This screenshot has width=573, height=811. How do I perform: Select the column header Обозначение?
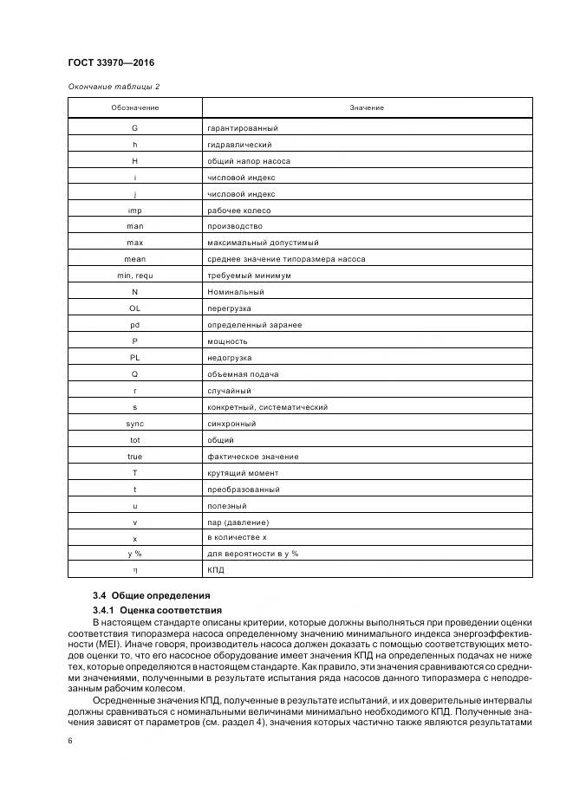(134, 107)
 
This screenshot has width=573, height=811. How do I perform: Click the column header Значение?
(367, 107)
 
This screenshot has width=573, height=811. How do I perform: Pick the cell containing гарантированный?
(242, 128)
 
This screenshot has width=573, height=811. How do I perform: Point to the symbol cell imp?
(134, 211)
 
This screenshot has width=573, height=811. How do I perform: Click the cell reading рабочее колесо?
(238, 211)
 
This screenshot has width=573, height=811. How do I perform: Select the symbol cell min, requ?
(134, 276)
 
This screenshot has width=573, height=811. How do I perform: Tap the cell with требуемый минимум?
(249, 276)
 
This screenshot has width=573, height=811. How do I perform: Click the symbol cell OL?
(134, 308)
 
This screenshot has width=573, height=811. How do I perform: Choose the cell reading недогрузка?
(229, 358)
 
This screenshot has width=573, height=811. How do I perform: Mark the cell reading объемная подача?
(242, 374)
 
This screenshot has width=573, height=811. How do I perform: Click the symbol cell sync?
(134, 424)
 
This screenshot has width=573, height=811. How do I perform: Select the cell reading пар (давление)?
(238, 522)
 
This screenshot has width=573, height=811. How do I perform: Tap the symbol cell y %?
(134, 554)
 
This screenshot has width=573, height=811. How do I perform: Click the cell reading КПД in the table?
(216, 570)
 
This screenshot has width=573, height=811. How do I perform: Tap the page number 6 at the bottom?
(70, 741)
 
